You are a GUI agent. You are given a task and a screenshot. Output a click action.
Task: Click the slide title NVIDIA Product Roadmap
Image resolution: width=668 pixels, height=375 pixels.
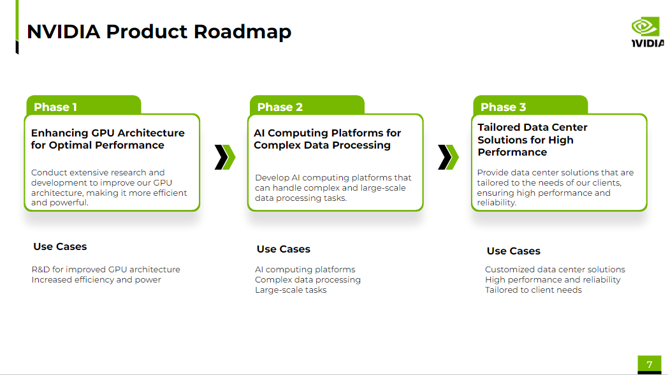(159, 31)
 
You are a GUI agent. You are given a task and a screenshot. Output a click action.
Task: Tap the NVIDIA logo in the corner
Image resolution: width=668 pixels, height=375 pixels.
(646, 31)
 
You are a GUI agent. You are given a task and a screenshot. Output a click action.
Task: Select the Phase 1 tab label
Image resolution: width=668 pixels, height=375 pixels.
(55, 107)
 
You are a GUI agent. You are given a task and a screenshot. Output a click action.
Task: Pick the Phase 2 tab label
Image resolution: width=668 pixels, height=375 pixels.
(280, 107)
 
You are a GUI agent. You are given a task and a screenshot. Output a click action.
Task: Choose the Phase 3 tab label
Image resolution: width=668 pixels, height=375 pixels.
(504, 107)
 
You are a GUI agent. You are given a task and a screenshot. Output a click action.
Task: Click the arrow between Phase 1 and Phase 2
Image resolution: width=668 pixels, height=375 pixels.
(225, 157)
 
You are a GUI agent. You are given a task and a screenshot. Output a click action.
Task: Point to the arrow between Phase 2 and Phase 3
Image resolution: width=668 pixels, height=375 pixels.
(448, 157)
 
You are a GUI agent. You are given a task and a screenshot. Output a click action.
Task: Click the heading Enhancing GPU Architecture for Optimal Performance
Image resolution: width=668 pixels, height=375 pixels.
(108, 139)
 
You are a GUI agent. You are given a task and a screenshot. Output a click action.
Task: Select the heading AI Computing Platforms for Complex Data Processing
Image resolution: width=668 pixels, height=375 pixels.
(327, 139)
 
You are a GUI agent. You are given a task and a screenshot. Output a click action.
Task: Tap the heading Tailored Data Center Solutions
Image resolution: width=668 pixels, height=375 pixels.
(533, 140)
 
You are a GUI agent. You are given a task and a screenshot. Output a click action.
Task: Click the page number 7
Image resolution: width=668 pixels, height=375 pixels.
(650, 365)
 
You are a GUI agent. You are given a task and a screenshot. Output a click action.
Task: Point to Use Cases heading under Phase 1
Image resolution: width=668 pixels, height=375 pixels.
(60, 247)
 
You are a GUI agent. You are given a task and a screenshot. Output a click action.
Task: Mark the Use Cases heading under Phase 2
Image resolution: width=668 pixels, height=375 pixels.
(284, 249)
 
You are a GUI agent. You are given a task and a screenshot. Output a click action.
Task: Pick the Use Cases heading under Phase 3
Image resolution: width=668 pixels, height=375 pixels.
(514, 251)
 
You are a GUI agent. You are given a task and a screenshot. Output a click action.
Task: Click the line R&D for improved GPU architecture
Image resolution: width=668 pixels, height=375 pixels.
(106, 270)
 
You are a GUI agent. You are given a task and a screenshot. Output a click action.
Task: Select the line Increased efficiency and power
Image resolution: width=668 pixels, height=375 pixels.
(96, 280)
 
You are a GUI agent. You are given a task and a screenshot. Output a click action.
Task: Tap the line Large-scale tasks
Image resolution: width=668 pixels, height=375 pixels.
(291, 290)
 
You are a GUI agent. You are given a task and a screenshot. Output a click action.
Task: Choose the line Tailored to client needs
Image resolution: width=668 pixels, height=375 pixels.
(534, 290)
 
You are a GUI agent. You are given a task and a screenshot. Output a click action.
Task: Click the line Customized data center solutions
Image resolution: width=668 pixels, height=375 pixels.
(555, 270)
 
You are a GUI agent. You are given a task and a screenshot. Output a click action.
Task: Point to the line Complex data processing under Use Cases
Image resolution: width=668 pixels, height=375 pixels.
(308, 280)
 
